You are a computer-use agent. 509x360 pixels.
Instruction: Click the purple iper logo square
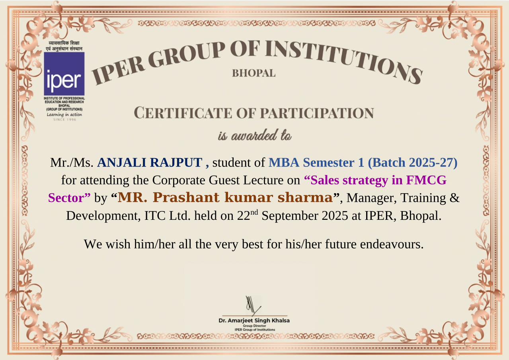point(64,74)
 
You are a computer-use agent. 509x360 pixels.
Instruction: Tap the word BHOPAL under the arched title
point(254,73)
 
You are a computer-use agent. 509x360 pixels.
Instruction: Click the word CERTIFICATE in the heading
point(183,113)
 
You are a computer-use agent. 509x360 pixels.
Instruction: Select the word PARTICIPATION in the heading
point(317,113)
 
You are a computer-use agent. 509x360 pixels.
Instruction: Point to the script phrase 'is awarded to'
point(255,135)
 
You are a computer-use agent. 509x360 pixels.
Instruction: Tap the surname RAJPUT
point(176,162)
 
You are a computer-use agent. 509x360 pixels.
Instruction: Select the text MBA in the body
point(284,162)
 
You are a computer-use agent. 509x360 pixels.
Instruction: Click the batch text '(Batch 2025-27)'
point(412,162)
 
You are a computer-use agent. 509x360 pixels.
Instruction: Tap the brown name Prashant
point(186,197)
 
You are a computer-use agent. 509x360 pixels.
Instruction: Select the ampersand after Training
point(454,198)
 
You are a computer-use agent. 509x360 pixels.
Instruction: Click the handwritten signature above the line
point(253,305)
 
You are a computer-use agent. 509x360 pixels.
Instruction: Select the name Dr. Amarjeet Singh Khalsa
point(254,321)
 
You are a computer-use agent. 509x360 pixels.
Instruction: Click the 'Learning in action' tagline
point(64,115)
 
